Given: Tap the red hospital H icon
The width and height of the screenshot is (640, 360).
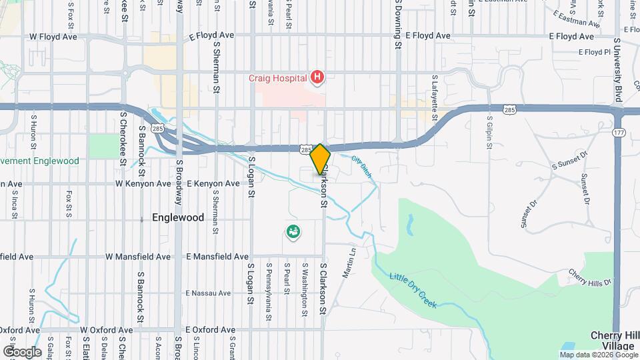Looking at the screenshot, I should [317, 78].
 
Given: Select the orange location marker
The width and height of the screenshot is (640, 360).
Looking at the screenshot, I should [320, 159].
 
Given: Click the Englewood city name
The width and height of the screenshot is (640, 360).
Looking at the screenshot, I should [177, 217].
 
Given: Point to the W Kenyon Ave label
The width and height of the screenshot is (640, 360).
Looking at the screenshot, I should [143, 183].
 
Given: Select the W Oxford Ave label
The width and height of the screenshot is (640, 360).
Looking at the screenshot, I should [106, 330].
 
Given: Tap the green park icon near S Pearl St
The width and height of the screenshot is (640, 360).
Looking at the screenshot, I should [293, 232].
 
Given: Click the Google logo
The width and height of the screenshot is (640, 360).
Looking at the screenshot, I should [22, 351].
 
